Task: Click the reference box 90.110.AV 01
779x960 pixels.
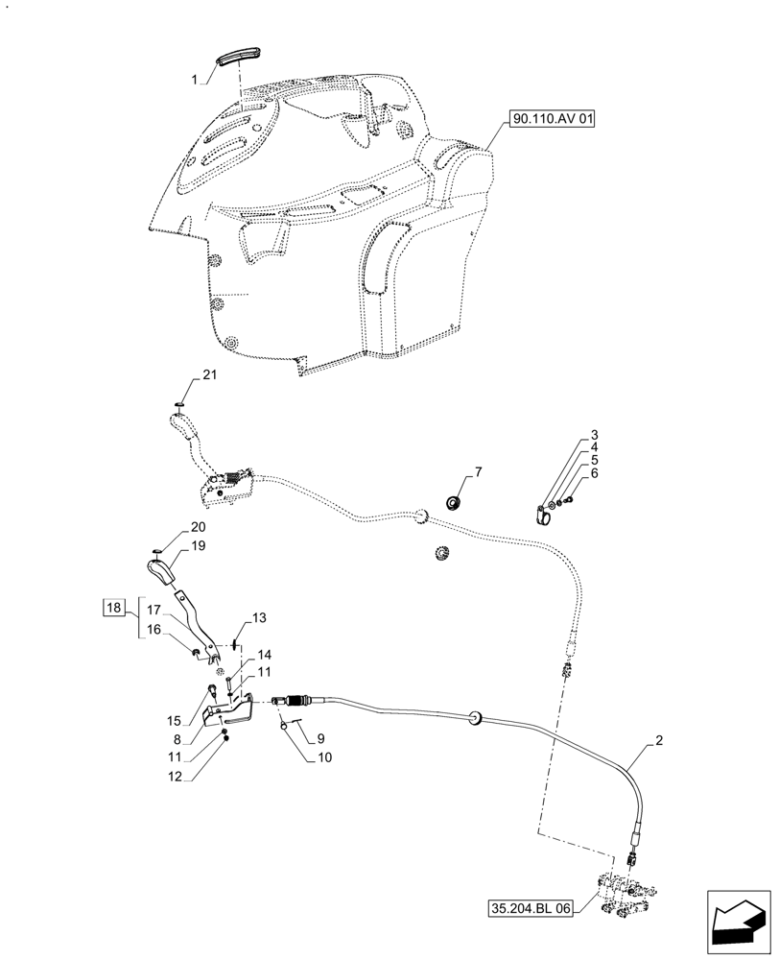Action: click(x=555, y=119)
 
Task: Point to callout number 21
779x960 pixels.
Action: click(x=210, y=375)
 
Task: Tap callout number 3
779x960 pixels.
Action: click(x=595, y=434)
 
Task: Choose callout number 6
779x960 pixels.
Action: click(x=595, y=472)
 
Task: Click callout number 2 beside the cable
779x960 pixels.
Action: click(x=659, y=741)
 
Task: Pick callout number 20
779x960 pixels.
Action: click(x=198, y=527)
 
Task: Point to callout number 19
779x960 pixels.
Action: click(x=198, y=545)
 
